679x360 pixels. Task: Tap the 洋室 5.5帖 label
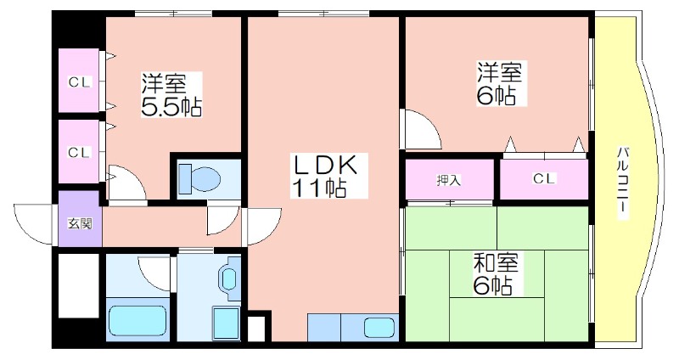pyautogui.click(x=171, y=95)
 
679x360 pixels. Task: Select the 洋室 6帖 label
pyautogui.click(x=500, y=83)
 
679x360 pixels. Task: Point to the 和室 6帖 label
pyautogui.click(x=496, y=273)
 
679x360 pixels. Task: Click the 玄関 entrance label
pyautogui.click(x=80, y=224)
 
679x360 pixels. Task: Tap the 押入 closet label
pyautogui.click(x=449, y=180)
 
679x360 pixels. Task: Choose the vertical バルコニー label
pyautogui.click(x=623, y=183)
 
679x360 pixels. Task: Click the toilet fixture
pyautogui.click(x=199, y=178)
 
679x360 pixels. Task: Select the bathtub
pyautogui.click(x=137, y=321)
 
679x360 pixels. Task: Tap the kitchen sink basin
pyautogui.click(x=379, y=327)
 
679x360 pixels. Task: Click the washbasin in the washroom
pyautogui.click(x=229, y=278)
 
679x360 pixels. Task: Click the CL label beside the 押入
pyautogui.click(x=543, y=178)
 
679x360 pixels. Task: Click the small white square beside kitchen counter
pyautogui.click(x=255, y=329)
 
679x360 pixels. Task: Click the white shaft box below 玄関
pyautogui.click(x=78, y=285)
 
